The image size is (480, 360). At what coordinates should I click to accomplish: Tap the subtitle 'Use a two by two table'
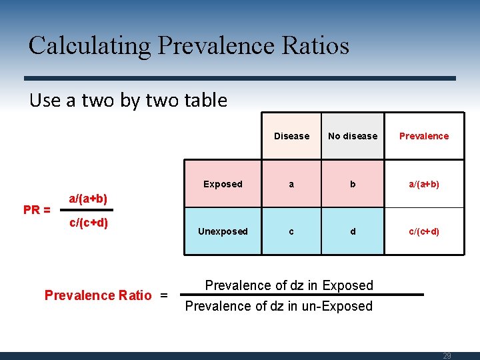point(128,101)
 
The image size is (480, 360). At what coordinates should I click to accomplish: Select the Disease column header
point(291,136)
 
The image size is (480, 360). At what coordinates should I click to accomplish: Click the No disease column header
point(353,136)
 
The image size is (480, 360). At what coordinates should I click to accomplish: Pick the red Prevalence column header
point(424,136)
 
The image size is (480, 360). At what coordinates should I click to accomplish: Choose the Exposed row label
point(223,184)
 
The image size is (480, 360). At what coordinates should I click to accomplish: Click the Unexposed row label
point(223,231)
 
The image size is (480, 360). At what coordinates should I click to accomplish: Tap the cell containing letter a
point(291,184)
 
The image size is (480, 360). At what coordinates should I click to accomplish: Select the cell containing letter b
point(353,184)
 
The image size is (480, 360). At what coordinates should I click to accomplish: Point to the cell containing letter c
point(291,231)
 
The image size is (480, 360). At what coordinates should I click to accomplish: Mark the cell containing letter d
point(353,231)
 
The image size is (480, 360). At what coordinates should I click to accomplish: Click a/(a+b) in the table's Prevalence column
point(424,184)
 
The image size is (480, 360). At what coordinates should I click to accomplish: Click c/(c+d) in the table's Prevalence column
point(424,231)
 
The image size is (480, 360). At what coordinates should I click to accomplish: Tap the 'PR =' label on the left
point(37,210)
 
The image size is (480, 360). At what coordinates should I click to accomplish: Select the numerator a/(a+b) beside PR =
point(89,199)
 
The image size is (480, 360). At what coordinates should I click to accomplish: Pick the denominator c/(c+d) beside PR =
point(89,222)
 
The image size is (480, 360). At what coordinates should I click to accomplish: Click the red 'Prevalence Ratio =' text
point(106,295)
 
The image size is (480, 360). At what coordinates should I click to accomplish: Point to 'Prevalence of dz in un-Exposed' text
point(279,307)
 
